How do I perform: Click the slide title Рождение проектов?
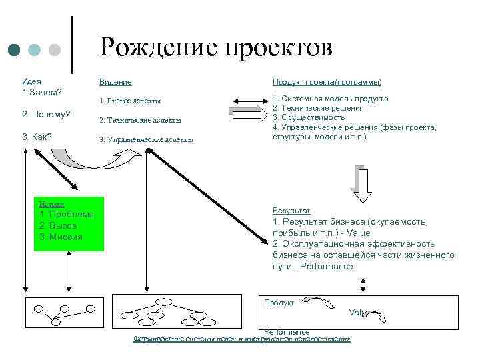(x=215, y=48)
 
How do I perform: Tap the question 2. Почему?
(x=46, y=115)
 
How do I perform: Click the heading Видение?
(x=115, y=82)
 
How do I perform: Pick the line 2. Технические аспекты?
(x=139, y=121)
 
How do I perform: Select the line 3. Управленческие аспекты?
(x=145, y=140)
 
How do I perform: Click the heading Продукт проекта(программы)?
(x=327, y=82)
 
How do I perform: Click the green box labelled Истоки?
(x=69, y=223)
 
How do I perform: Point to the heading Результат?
(x=287, y=210)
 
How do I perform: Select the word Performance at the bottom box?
(x=287, y=331)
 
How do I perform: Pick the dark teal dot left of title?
(x=15, y=50)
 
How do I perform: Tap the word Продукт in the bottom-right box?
(x=279, y=303)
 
